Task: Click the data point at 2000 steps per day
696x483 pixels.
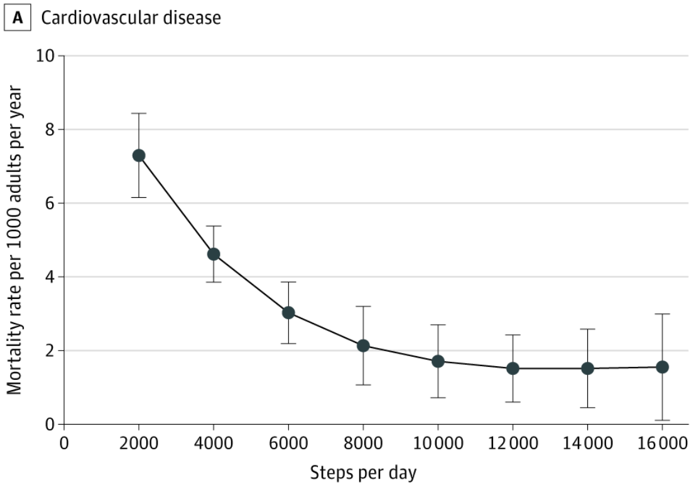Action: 139,155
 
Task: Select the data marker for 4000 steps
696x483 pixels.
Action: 214,254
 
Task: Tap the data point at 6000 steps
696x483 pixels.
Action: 288,312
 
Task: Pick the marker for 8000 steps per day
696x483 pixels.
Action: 363,345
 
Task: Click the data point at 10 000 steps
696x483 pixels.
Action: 438,361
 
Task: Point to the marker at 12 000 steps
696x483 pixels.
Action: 513,368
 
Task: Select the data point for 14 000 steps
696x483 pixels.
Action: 587,368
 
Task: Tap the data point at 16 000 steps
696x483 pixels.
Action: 662,367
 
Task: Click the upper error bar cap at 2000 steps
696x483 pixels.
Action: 139,114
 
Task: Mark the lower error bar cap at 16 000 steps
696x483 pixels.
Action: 662,420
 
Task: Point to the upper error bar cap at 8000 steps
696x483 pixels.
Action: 363,307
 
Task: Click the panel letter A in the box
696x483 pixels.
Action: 18,18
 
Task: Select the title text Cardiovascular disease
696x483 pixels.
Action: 131,18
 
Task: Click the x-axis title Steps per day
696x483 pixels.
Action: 362,472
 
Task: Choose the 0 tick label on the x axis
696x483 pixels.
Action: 63,443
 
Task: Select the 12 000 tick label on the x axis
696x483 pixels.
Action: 513,443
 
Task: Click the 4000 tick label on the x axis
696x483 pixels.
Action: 214,443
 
